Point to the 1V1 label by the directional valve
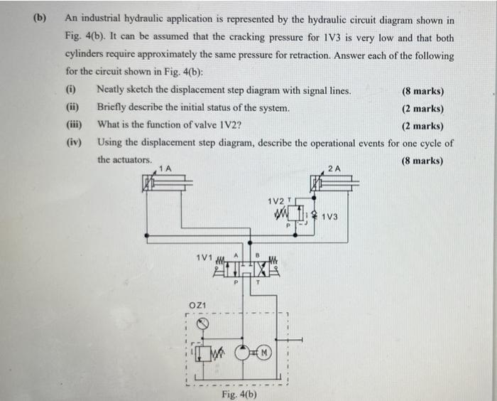click(x=202, y=256)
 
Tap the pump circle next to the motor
click(x=243, y=352)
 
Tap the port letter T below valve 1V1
click(x=258, y=282)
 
